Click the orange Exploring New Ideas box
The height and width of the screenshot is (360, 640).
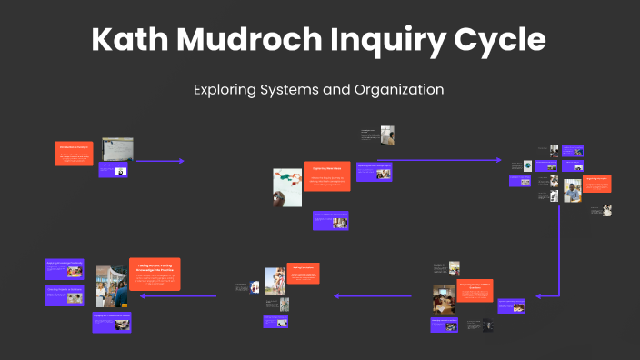tap(326, 175)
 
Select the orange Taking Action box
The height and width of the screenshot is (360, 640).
tap(155, 274)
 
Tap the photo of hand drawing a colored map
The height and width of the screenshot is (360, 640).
tap(286, 187)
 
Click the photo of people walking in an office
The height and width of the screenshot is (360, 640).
tap(112, 285)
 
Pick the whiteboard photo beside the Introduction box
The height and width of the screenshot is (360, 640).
tap(117, 148)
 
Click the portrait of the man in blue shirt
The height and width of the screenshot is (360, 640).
tap(572, 190)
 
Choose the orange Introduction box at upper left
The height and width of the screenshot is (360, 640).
tap(75, 153)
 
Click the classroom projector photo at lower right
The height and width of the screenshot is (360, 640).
tap(445, 298)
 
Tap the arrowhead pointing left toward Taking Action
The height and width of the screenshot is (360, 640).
tap(184, 295)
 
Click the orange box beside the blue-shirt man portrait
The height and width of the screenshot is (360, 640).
tap(596, 183)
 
